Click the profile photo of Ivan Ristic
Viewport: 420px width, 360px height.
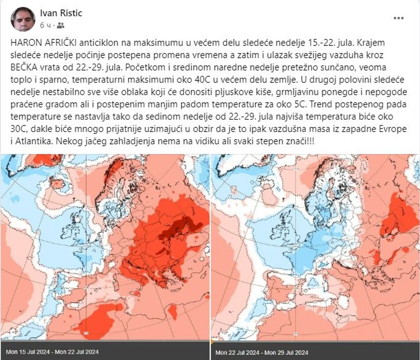tap(23, 19)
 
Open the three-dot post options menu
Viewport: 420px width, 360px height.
tap(398, 18)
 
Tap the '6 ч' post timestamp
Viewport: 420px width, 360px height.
tap(45, 25)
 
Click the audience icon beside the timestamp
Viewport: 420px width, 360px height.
tap(60, 25)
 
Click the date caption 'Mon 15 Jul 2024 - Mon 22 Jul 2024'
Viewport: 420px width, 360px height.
tap(53, 352)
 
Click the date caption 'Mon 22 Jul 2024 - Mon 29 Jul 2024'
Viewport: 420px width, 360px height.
tap(262, 352)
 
